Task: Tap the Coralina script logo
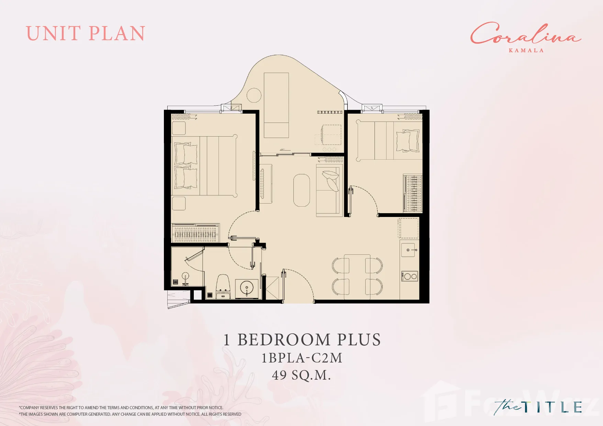click(525, 34)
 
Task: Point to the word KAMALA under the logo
click(526, 50)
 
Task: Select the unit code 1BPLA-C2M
click(302, 358)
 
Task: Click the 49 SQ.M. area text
click(301, 375)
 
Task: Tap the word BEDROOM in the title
click(284, 340)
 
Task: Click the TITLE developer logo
click(538, 407)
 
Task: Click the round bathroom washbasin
click(247, 288)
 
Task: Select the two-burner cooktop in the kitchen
click(409, 276)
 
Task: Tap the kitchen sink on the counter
click(409, 250)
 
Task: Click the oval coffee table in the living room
click(302, 190)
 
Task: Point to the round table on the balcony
click(254, 95)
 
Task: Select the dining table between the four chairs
click(357, 277)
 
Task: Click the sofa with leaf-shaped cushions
click(329, 190)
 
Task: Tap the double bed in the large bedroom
click(204, 166)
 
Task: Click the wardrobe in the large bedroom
click(195, 233)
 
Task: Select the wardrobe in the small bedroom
click(413, 193)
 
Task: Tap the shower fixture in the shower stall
click(186, 278)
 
